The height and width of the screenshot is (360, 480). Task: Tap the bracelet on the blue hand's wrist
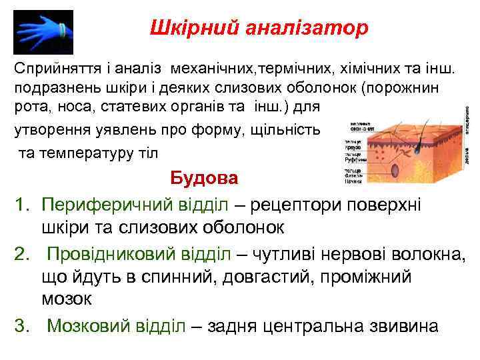[x=61, y=30]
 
